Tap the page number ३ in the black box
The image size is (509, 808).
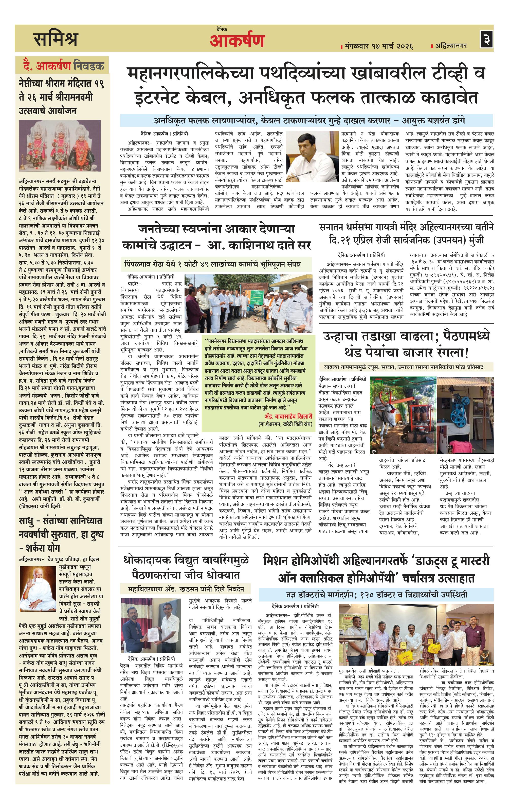tap(486, 39)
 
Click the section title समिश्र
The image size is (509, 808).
tap(56, 39)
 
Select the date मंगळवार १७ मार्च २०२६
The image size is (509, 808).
tap(378, 46)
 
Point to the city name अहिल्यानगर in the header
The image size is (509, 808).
tap(451, 45)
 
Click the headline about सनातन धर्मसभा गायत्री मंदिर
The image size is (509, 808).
tap(406, 234)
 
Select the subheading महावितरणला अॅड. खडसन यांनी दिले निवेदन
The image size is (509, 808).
tap(186, 589)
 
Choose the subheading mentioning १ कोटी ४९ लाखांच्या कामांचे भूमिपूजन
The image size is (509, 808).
tap(212, 264)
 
